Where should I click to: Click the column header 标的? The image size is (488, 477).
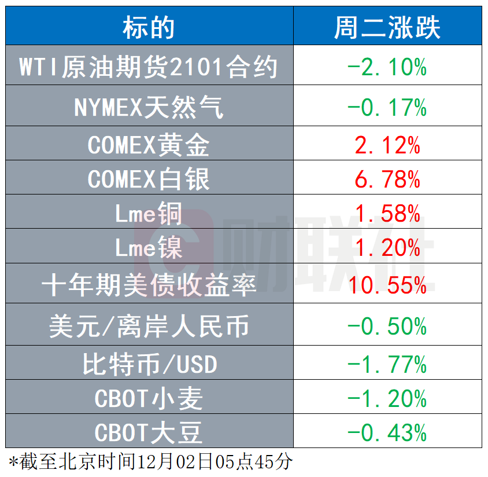coord(149,27)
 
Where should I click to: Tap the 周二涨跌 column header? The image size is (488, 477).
coord(387,27)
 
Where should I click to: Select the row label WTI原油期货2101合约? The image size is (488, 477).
coord(149,68)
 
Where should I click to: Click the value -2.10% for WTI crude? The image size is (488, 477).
coord(387,68)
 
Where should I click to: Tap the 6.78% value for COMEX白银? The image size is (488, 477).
coord(387,179)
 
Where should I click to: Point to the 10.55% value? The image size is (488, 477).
coord(387,284)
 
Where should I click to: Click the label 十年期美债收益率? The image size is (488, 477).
coord(149,284)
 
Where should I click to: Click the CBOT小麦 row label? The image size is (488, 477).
coord(149,399)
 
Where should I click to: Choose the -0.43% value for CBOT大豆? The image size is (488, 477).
coord(387,432)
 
